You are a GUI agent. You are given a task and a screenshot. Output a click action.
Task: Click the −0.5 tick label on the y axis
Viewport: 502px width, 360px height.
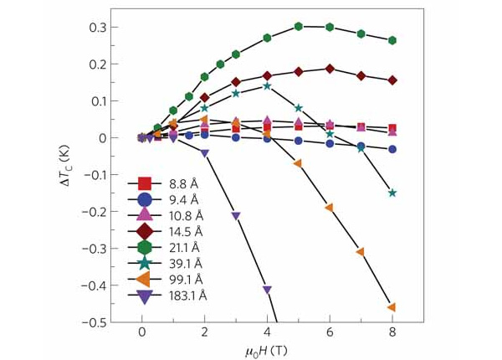[94, 322]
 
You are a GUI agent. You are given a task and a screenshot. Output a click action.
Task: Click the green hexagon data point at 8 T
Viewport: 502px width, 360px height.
[392, 40]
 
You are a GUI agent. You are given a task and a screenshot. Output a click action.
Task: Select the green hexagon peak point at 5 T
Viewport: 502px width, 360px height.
[299, 26]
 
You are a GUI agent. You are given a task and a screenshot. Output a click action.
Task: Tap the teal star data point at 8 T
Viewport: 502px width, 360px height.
[392, 193]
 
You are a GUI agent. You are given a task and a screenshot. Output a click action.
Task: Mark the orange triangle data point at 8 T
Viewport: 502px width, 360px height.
[392, 307]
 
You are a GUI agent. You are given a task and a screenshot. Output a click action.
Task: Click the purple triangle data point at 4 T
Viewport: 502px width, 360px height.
[267, 290]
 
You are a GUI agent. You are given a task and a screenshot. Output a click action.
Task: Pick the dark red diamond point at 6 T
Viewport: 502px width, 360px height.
[330, 69]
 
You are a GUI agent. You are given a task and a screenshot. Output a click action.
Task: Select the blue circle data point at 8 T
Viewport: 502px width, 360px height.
[392, 149]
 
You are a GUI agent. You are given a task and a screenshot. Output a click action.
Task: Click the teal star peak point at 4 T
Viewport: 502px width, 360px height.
[267, 85]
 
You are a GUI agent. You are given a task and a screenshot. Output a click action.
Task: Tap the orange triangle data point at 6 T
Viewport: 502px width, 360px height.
[330, 207]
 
